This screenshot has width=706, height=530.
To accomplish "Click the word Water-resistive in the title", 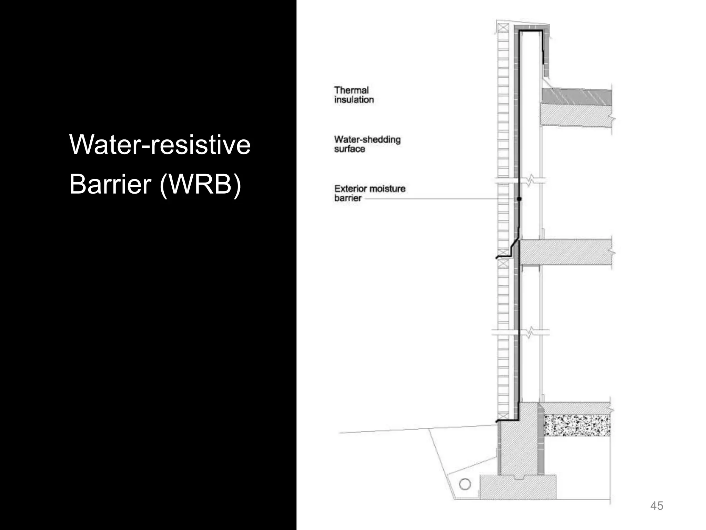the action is tap(160, 145).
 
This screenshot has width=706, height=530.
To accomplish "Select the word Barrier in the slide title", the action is tap(110, 185).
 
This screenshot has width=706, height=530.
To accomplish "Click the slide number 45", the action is tap(656, 506).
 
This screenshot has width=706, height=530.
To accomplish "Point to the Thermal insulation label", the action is tap(354, 95).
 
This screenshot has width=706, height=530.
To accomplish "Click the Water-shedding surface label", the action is tap(367, 144).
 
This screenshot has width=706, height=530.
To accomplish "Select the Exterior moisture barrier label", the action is tap(369, 193).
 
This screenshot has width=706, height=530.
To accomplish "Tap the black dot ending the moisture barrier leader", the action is tap(519, 199).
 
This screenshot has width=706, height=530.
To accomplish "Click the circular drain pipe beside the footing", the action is tap(465, 484).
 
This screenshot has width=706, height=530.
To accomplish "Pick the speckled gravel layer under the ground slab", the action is tap(577, 425).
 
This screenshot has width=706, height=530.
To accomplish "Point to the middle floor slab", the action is tap(565, 252).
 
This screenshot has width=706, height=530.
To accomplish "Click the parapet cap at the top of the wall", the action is tap(531, 27).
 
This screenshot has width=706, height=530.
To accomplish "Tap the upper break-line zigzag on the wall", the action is tap(531, 180).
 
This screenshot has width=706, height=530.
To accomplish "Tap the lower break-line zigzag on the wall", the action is tap(531, 332).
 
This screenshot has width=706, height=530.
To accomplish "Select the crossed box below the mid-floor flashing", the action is tap(503, 264).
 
